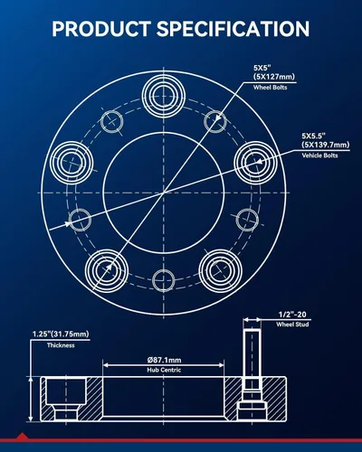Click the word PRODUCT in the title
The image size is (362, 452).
pyautogui.click(x=101, y=29)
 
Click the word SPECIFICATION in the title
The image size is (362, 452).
pyautogui.click(x=233, y=29)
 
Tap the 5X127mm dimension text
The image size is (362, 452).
pyautogui.click(x=274, y=77)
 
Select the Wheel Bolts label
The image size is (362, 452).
pyautogui.click(x=270, y=88)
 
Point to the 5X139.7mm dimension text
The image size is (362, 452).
pyautogui.click(x=326, y=145)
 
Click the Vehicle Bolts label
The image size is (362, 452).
pyautogui.click(x=319, y=155)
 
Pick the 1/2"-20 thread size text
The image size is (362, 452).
pyautogui.click(x=292, y=315)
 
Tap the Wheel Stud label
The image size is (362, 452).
pyautogui.click(x=292, y=325)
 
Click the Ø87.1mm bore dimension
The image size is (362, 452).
pyautogui.click(x=164, y=360)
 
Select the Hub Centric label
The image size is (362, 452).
pyautogui.click(x=164, y=370)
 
